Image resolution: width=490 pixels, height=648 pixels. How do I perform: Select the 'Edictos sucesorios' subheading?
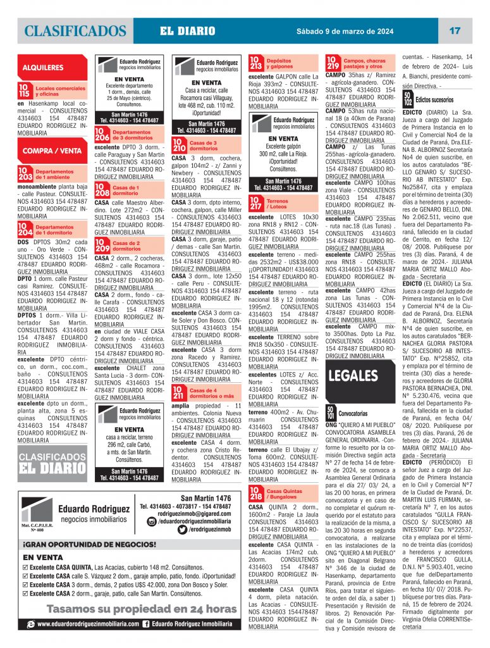[x=434, y=99]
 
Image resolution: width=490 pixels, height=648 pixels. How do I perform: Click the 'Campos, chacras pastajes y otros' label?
[x=365, y=63]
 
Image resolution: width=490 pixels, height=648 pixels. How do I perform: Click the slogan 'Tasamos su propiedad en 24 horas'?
[x=124, y=609]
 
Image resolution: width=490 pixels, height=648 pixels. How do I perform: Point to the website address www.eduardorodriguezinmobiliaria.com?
[x=87, y=624]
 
